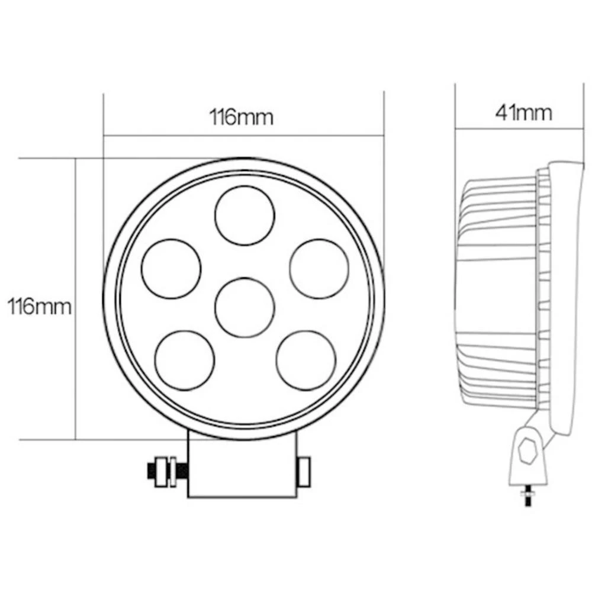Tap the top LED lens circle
[x=244, y=215]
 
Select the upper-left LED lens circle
[x=171, y=268]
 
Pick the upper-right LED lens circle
[x=318, y=268]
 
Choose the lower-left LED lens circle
[x=184, y=361]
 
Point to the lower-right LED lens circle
[x=305, y=361]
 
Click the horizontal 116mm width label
[x=242, y=117]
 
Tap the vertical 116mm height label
[x=39, y=307]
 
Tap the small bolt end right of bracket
[x=304, y=471]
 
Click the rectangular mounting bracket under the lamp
[x=242, y=465]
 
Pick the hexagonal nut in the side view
[x=526, y=455]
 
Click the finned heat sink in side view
[x=497, y=296]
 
